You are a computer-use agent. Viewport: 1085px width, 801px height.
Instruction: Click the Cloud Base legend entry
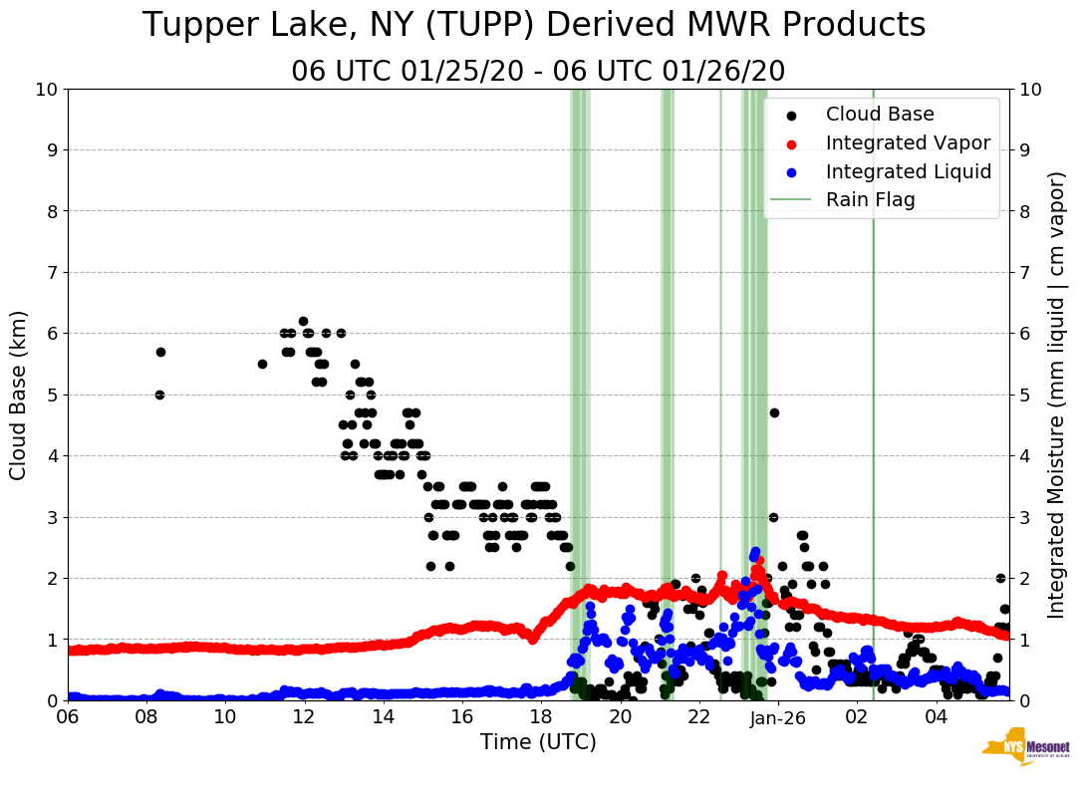880,115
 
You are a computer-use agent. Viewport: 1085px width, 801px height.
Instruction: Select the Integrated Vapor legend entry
908,142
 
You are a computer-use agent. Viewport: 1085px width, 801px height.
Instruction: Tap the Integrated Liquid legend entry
908,171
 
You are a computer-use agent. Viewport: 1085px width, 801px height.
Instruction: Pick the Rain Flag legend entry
870,199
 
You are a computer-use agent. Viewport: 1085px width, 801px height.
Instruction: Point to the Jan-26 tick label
778,717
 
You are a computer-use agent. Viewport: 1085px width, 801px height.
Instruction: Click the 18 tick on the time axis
541,717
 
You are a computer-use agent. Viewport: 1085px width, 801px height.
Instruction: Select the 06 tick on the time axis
68,717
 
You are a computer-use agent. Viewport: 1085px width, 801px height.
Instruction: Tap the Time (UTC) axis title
538,742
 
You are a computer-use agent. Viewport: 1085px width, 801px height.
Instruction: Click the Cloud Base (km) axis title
19,395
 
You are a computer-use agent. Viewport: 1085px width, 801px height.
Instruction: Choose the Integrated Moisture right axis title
1057,395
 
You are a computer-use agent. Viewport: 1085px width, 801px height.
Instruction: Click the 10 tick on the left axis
46,89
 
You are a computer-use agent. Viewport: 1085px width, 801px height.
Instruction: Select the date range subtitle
538,71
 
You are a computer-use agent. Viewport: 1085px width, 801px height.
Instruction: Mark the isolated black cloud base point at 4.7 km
774,412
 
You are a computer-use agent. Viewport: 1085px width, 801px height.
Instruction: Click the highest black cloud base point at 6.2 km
303,321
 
